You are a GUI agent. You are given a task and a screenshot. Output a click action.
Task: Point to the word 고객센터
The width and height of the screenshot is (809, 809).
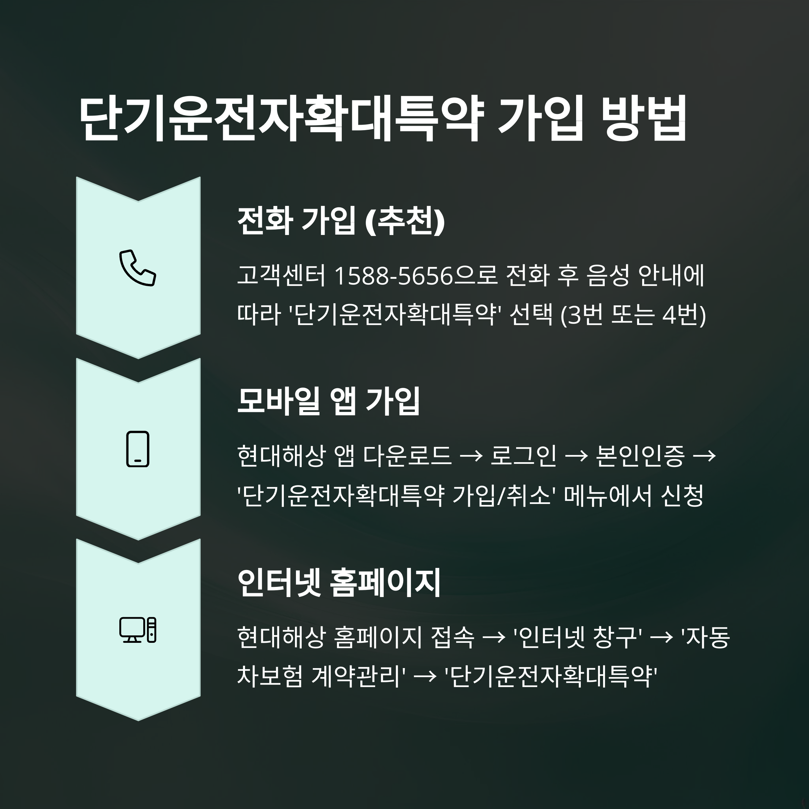[281, 276]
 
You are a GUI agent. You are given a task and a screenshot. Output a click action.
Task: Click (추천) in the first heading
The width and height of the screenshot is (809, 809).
[405, 221]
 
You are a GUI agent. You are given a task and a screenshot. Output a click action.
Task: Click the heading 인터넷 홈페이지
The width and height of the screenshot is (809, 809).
[339, 582]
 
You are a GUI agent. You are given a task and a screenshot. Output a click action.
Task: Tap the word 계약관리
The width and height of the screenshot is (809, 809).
[359, 676]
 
